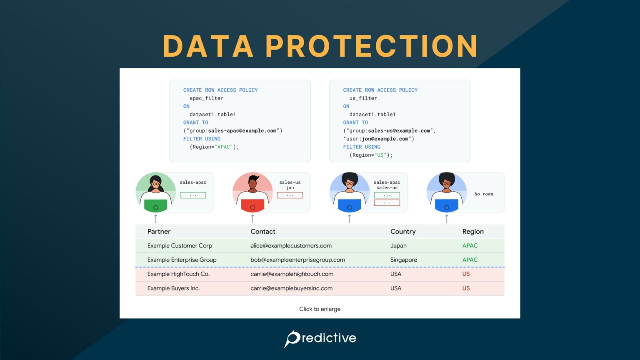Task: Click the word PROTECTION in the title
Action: (371, 46)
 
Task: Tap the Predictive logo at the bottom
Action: (320, 338)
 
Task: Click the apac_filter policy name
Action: (206, 98)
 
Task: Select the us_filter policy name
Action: (363, 98)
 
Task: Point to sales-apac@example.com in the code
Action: (242, 131)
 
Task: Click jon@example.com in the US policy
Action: (385, 139)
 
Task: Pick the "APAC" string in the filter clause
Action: (223, 147)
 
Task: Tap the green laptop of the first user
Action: (155, 206)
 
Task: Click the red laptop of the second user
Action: (252, 206)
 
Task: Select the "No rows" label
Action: (483, 194)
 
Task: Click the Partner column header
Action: (159, 232)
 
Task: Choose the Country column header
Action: (403, 232)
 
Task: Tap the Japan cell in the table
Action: (398, 246)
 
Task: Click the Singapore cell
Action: (403, 260)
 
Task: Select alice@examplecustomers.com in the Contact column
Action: (291, 246)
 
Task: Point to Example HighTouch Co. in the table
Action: (178, 274)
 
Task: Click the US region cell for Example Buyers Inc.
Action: (466, 288)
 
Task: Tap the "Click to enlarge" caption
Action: (320, 309)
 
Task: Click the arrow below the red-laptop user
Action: (252, 218)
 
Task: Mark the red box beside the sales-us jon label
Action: (290, 195)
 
